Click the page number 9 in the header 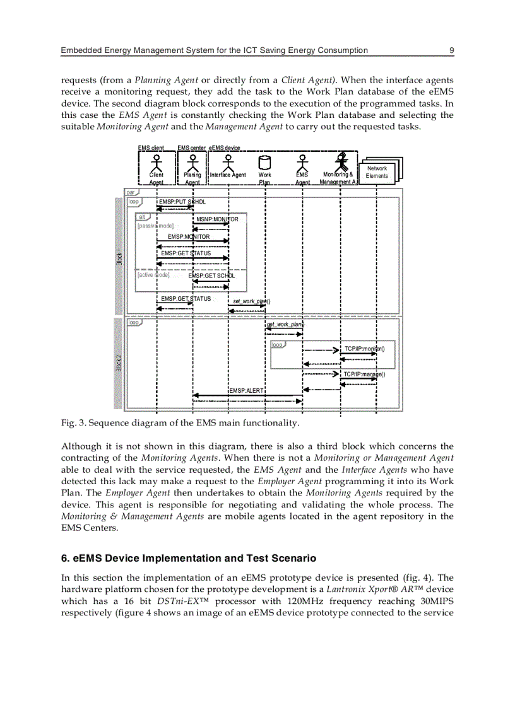451,50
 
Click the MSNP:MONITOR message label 217,219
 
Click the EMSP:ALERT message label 246,391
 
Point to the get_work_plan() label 285,324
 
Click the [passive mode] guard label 155,226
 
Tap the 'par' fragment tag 131,192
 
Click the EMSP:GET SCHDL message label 211,276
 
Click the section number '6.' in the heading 65,559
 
